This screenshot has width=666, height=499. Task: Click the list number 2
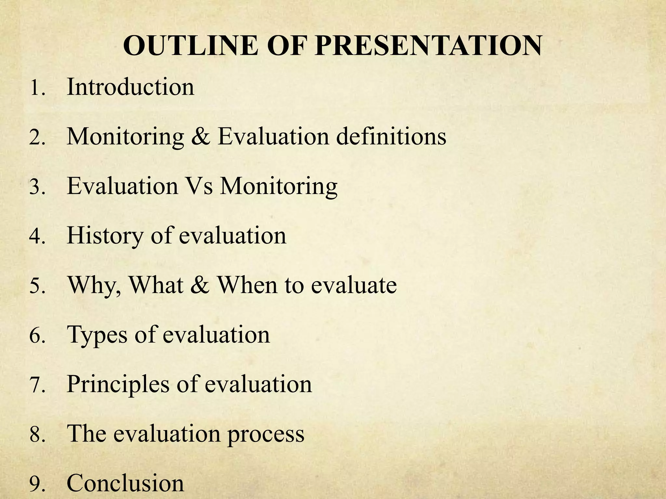36,138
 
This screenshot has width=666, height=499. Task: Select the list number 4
36,237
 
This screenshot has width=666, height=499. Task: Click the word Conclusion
125,483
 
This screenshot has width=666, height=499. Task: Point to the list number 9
36,484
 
